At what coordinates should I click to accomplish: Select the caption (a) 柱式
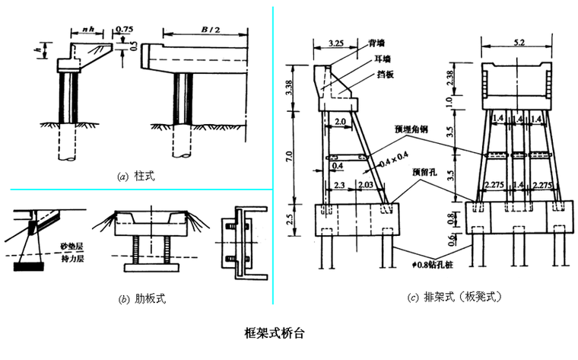pos(136,176)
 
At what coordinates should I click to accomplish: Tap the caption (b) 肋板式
pos(141,298)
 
